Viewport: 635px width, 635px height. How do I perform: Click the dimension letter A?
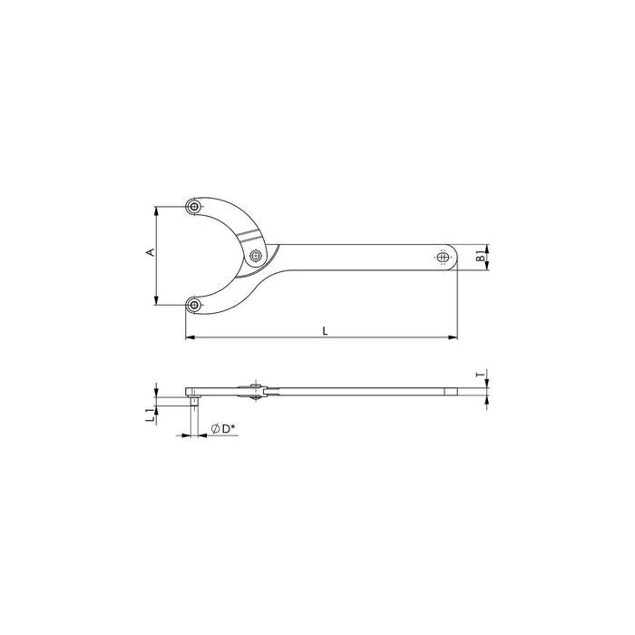(151, 252)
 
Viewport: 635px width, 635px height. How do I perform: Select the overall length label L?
(325, 331)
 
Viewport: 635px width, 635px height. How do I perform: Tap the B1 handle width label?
(480, 256)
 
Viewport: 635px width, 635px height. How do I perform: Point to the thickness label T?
(480, 375)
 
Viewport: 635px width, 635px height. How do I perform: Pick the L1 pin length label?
(150, 415)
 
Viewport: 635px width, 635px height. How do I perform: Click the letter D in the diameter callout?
(226, 429)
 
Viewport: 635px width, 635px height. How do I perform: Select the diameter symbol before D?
(216, 429)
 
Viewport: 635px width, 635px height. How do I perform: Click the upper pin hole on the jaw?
(195, 207)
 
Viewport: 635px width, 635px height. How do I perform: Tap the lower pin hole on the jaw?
(195, 305)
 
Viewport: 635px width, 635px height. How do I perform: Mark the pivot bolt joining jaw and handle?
(255, 256)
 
